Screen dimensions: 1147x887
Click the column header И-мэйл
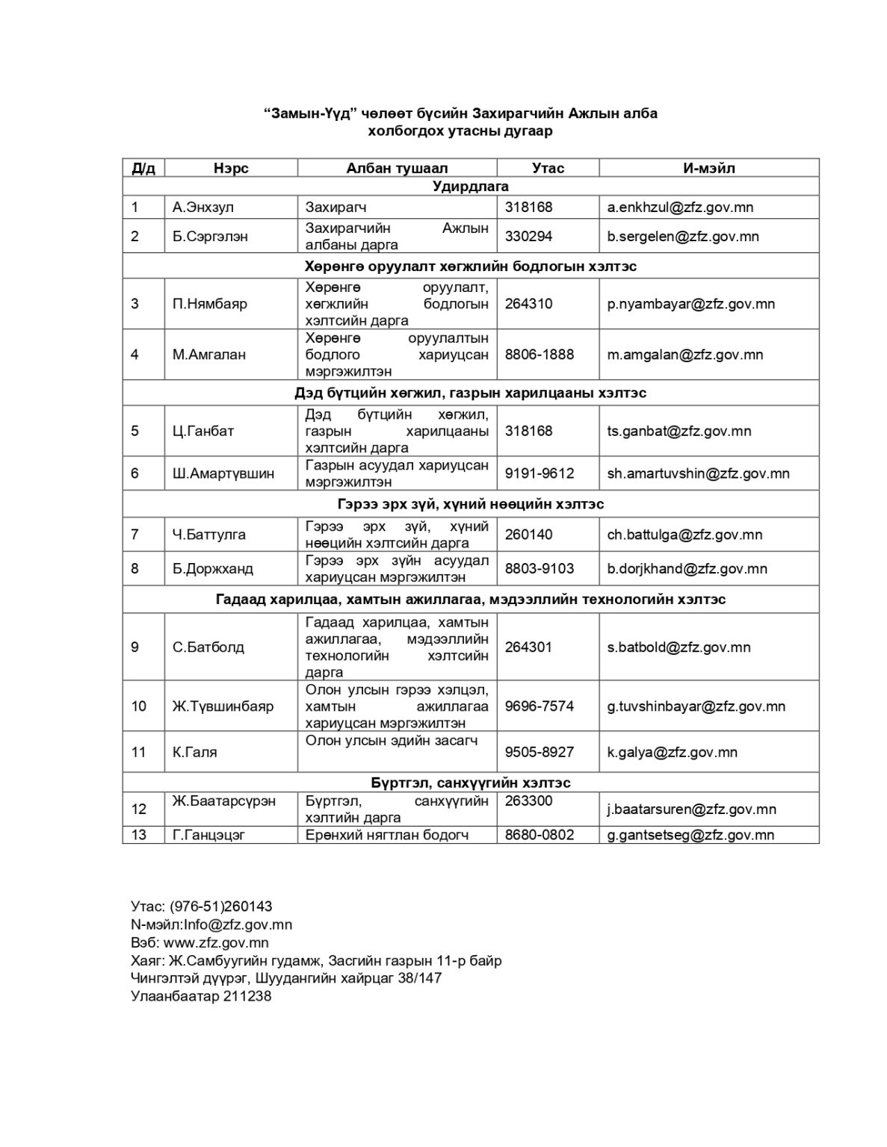[708, 168]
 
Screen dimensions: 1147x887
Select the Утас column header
[548, 168]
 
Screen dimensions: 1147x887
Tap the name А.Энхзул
[203, 207]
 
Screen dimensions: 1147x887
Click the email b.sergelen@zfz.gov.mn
[683, 236]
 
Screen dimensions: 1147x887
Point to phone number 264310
[528, 304]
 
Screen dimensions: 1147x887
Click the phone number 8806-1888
[540, 355]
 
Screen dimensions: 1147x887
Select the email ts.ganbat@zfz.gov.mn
[679, 431]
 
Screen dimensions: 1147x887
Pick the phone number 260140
[528, 535]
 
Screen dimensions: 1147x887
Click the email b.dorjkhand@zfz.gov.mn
[687, 568]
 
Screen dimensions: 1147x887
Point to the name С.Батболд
[208, 647]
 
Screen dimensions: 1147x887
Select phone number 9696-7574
[540, 706]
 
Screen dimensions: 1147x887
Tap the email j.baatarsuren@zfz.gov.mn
[691, 809]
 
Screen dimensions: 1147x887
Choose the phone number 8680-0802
[540, 835]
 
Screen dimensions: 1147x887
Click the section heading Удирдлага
[471, 186]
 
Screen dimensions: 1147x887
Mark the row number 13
[139, 835]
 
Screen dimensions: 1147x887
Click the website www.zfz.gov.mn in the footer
[216, 942]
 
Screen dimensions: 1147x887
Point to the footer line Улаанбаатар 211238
[201, 996]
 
